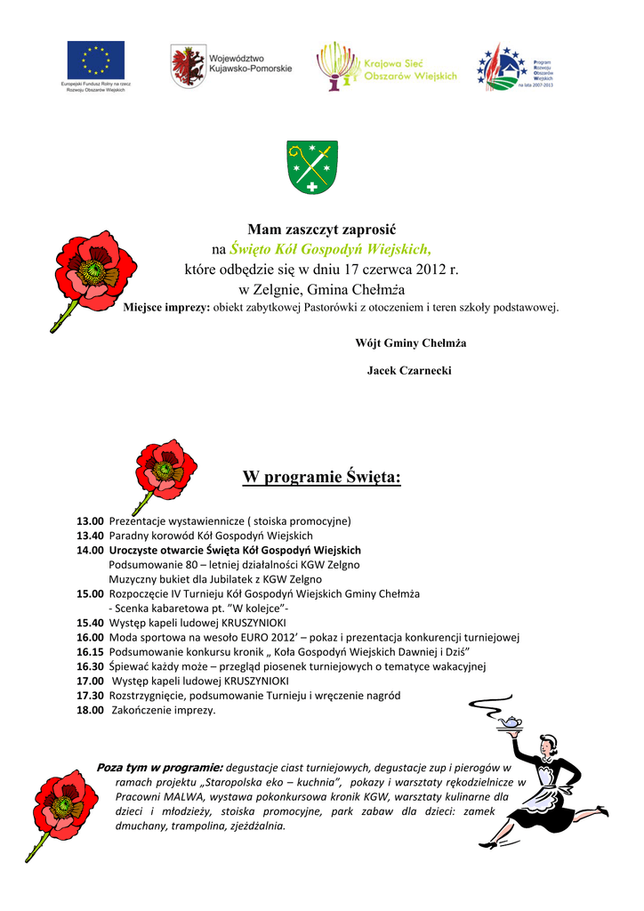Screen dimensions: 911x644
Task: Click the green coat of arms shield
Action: coord(311,166)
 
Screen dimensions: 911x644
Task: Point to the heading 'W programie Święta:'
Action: coord(321,478)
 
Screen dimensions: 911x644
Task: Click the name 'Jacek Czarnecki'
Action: coord(409,370)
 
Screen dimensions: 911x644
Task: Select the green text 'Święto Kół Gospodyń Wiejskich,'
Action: coord(330,248)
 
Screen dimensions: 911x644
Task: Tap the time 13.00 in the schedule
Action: coord(90,520)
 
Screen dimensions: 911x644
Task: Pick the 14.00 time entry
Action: coord(90,551)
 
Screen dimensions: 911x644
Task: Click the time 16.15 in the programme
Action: coord(90,651)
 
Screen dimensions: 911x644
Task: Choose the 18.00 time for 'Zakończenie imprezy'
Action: coord(90,710)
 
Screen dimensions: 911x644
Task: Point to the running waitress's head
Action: coord(549,746)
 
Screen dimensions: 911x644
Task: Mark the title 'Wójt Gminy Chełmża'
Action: coord(410,343)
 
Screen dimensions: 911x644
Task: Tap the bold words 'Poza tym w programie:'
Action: coord(159,767)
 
